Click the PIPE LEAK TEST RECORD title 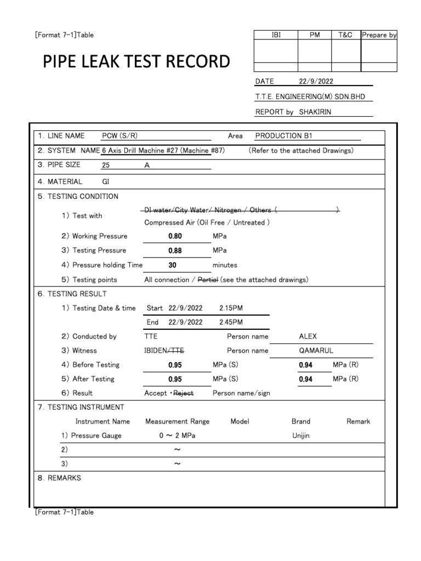pyautogui.click(x=136, y=61)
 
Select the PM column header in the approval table pyautogui.click(x=315, y=35)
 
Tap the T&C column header pyautogui.click(x=346, y=35)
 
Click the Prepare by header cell pyautogui.click(x=379, y=35)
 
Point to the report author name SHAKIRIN pyautogui.click(x=315, y=112)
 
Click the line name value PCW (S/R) pyautogui.click(x=123, y=136)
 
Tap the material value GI pyautogui.click(x=106, y=181)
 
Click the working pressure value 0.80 pyautogui.click(x=175, y=236)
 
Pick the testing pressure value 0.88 pyautogui.click(x=175, y=250)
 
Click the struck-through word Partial pyautogui.click(x=209, y=280)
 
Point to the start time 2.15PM pyautogui.click(x=231, y=308)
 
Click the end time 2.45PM pyautogui.click(x=231, y=323)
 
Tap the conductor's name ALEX pyautogui.click(x=308, y=337)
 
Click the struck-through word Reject pyautogui.click(x=184, y=393)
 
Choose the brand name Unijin pyautogui.click(x=301, y=436)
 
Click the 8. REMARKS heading pyautogui.click(x=59, y=478)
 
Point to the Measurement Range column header pyautogui.click(x=177, y=422)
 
